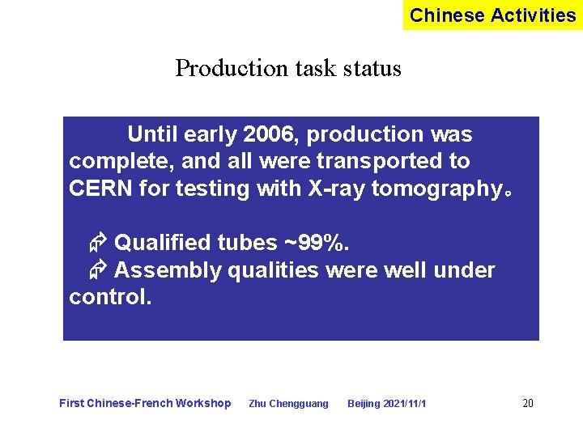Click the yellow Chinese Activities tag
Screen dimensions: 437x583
click(492, 15)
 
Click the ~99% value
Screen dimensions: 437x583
click(315, 243)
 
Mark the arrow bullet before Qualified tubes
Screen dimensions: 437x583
click(99, 243)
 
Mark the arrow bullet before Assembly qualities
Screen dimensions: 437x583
click(99, 270)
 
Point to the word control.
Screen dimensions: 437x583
click(110, 297)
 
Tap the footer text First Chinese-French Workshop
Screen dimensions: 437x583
click(145, 403)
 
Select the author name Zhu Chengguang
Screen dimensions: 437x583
click(288, 404)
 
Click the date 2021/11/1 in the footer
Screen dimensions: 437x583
click(406, 404)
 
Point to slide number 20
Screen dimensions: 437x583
click(528, 403)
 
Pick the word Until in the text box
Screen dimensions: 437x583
click(152, 134)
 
